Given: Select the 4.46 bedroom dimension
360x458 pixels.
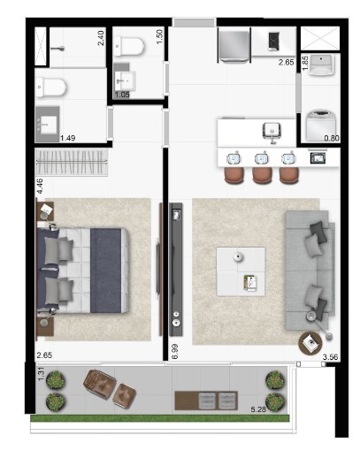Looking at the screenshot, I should point(40,186).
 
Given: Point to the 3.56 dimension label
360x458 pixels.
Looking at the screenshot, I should point(331,357).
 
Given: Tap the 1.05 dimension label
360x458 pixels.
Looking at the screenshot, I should point(122,95).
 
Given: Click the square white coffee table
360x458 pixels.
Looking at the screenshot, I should point(241,271).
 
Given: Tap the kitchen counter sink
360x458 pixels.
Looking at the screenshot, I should point(272,132).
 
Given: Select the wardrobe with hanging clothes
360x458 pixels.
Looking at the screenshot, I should point(72,162).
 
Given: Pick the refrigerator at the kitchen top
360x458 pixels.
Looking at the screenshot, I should point(236,43).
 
